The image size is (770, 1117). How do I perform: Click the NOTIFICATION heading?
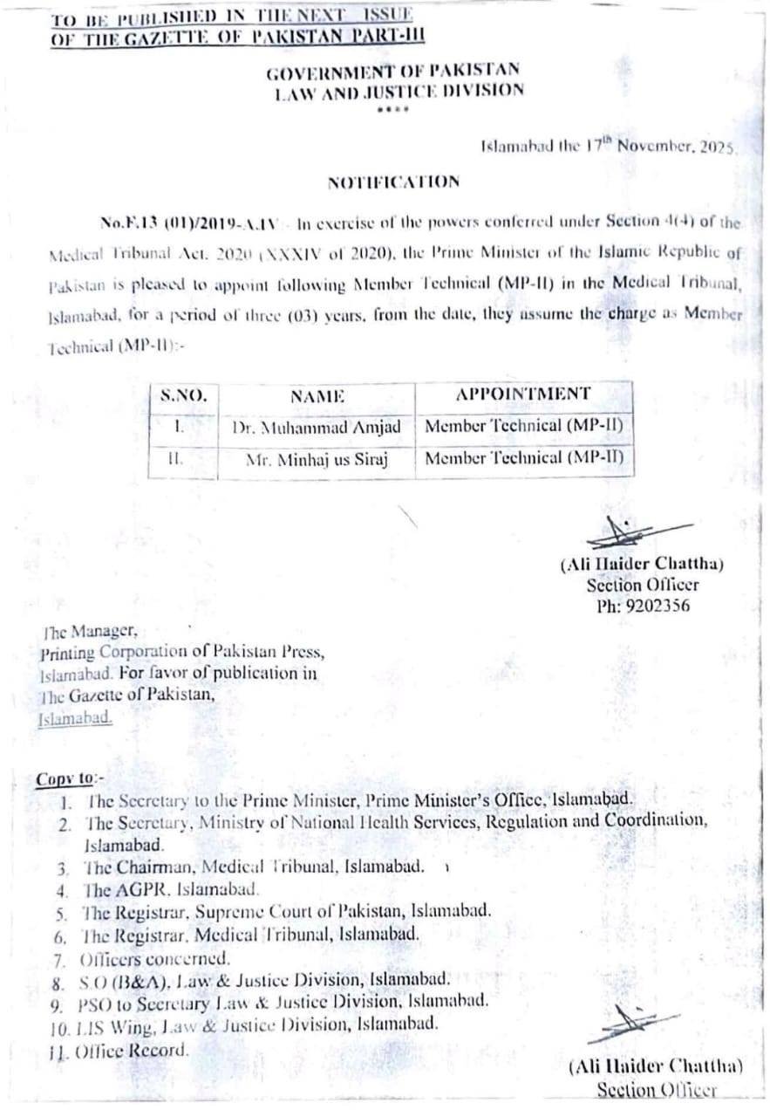pyautogui.click(x=393, y=182)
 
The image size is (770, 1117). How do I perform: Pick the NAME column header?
pyautogui.click(x=317, y=395)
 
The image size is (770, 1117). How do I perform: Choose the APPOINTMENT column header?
pyautogui.click(x=522, y=394)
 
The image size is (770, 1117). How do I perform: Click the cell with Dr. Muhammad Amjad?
pyautogui.click(x=317, y=427)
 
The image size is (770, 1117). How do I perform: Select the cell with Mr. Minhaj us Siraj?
pyautogui.click(x=317, y=459)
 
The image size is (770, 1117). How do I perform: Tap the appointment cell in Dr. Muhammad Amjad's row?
pyautogui.click(x=524, y=426)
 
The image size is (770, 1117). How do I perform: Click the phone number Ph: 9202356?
pyautogui.click(x=643, y=606)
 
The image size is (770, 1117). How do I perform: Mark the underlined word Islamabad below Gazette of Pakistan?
pyautogui.click(x=75, y=718)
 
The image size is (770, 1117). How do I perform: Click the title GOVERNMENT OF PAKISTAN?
pyautogui.click(x=393, y=71)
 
